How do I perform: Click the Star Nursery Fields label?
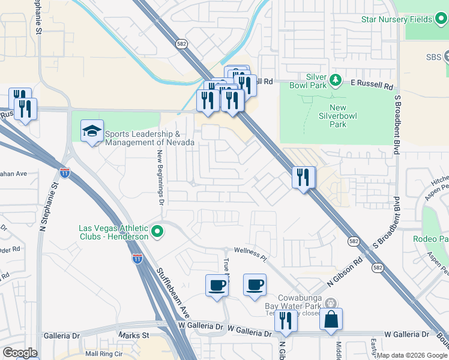pyautogui.click(x=396, y=19)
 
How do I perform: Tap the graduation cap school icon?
pyautogui.click(x=92, y=133)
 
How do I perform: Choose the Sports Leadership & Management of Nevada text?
pyautogui.click(x=149, y=138)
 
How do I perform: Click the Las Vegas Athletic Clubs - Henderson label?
pyautogui.click(x=113, y=232)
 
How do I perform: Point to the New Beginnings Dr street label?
pyautogui.click(x=161, y=177)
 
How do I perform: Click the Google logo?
pyautogui.click(x=20, y=353)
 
